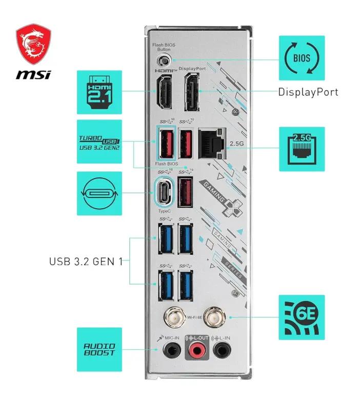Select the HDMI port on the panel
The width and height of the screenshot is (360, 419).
(165, 92)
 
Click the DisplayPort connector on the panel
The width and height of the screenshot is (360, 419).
(192, 92)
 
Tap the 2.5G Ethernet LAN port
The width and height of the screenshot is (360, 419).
(212, 143)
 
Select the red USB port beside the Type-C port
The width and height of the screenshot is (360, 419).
(186, 192)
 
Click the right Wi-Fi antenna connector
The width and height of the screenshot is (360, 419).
(212, 317)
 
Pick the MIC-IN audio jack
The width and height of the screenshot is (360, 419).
(171, 351)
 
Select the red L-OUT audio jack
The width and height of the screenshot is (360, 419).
(196, 351)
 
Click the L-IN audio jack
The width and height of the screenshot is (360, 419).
(222, 351)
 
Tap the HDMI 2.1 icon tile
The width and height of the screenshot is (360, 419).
(99, 92)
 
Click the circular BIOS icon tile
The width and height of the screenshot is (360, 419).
(302, 58)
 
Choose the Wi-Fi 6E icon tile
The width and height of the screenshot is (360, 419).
(302, 317)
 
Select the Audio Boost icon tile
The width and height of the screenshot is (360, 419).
(99, 350)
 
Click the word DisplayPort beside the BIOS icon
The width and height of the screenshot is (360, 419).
(308, 92)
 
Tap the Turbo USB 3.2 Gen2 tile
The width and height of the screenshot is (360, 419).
(99, 142)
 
